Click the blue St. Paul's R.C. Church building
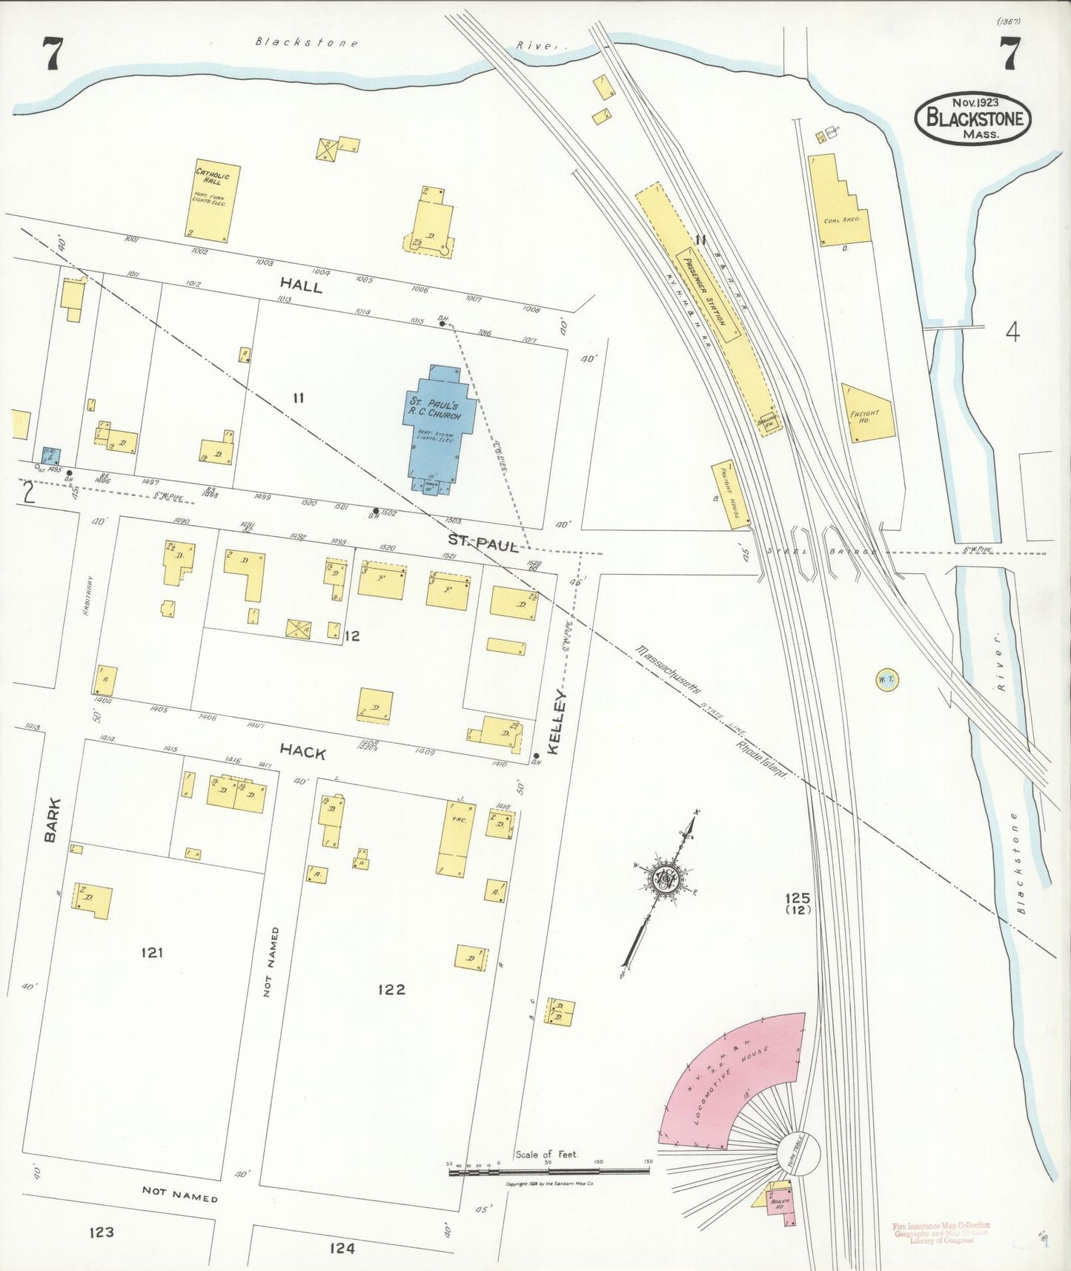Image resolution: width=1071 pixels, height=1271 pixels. coord(436,423)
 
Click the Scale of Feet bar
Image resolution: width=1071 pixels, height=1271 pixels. coord(548,1171)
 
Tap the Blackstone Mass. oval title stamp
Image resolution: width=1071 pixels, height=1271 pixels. coord(972,118)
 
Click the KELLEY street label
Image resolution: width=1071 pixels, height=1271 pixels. coord(557,723)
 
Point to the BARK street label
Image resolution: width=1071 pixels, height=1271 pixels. coord(50,820)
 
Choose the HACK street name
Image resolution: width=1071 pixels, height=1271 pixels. coord(302,752)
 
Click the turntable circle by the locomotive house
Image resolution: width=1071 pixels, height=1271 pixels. coord(799,1154)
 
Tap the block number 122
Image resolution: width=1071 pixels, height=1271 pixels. coord(391,989)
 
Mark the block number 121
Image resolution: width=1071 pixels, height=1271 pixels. coord(151,952)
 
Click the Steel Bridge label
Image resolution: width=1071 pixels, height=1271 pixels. coord(823,552)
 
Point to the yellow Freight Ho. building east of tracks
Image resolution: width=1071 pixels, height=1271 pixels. coord(867,414)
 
